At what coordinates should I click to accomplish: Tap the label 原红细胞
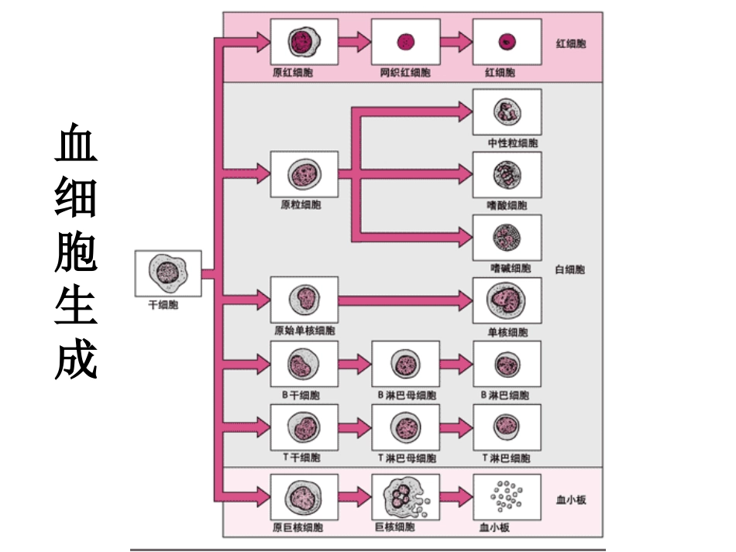click(293, 73)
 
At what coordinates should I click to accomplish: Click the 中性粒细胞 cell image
click(507, 112)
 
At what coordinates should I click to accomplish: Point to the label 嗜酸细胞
click(507, 205)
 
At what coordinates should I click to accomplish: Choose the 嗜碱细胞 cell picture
click(507, 238)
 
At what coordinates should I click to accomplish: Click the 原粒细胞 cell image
click(304, 174)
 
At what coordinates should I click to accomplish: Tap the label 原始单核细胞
click(304, 331)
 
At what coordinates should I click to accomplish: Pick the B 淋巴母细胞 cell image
click(405, 363)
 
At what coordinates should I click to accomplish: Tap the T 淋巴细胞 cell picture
click(507, 427)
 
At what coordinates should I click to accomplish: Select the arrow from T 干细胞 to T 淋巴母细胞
click(354, 427)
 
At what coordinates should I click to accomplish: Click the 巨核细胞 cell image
click(405, 496)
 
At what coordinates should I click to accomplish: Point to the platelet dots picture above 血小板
click(507, 496)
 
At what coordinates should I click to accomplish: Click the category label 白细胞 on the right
click(570, 269)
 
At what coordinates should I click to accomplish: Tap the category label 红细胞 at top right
click(571, 43)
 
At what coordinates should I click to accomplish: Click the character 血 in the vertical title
click(76, 144)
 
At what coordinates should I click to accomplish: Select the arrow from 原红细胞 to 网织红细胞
click(354, 42)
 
